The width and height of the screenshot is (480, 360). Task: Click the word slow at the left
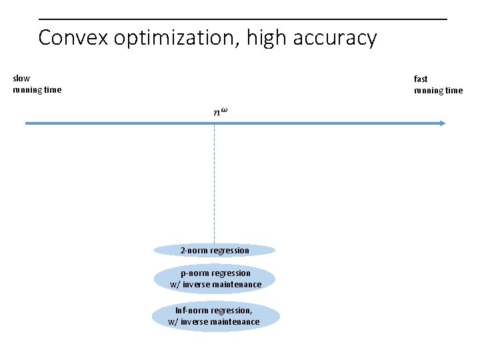[x=21, y=79]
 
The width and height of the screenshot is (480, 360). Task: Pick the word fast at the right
[x=421, y=79]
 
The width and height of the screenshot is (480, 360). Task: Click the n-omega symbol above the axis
[x=220, y=111]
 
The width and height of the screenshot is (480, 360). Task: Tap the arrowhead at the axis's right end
[x=442, y=123]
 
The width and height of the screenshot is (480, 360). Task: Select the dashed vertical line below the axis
[x=214, y=187]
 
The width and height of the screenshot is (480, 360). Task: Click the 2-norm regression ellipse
[x=215, y=251]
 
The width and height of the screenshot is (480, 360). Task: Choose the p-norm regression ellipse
[x=215, y=279]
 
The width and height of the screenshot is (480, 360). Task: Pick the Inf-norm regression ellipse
[x=215, y=316]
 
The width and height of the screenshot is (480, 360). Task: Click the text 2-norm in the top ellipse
[x=194, y=251]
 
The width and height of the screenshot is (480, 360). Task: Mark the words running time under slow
[x=37, y=90]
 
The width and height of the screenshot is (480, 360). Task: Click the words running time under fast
[x=438, y=91]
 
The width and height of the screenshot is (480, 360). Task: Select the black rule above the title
[x=243, y=19]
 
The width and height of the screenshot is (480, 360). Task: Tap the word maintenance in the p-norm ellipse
[x=239, y=285]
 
